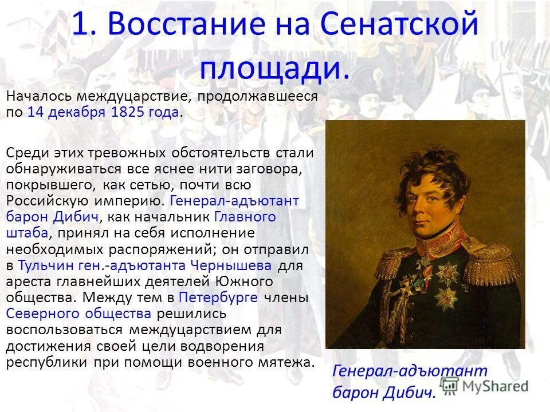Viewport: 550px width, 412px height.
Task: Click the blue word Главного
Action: pos(245,217)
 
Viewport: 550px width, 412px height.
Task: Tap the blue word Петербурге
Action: pos(220,298)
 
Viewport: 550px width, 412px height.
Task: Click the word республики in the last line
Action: pos(46,362)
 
